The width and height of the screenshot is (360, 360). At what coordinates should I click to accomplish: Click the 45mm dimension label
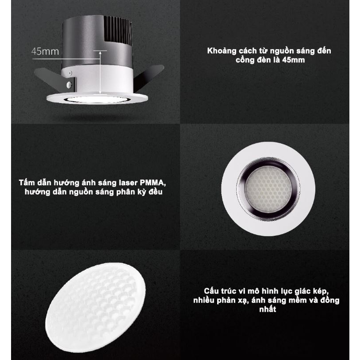(45, 51)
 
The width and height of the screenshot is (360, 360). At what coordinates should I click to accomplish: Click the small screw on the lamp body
(69, 82)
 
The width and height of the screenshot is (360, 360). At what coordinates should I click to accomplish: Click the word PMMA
(156, 183)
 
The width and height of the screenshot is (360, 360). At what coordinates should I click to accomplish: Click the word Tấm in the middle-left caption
(26, 183)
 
